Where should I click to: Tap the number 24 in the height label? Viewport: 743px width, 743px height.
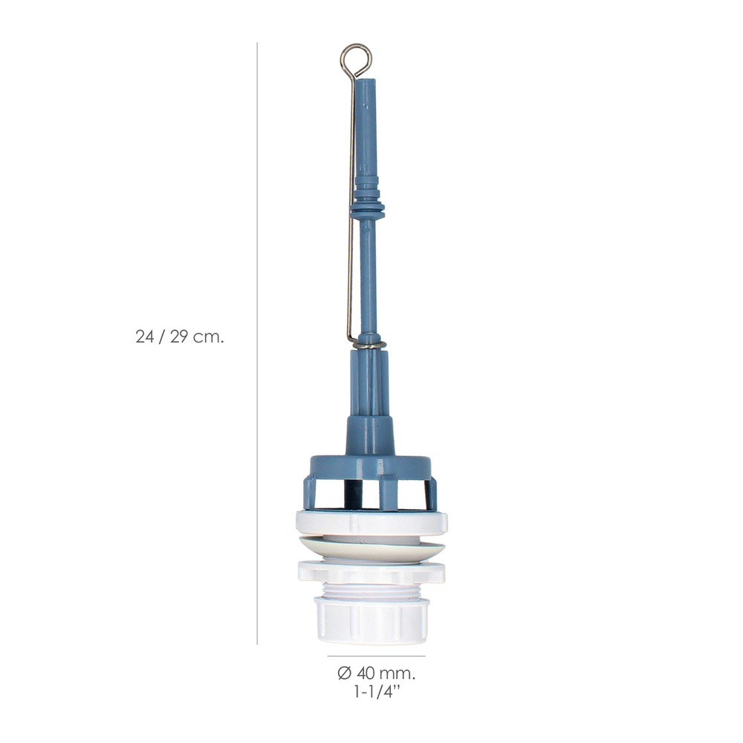[x=145, y=337]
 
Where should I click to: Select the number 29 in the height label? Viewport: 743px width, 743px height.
[x=179, y=337]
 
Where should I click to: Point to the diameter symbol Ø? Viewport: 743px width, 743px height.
[x=345, y=673]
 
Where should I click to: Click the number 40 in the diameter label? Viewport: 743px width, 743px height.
[x=366, y=673]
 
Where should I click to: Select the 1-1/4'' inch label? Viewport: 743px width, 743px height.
[x=377, y=692]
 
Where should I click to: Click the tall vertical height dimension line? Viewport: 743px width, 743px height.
[x=257, y=343]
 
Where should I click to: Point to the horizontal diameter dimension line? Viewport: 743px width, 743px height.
[x=376, y=656]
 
